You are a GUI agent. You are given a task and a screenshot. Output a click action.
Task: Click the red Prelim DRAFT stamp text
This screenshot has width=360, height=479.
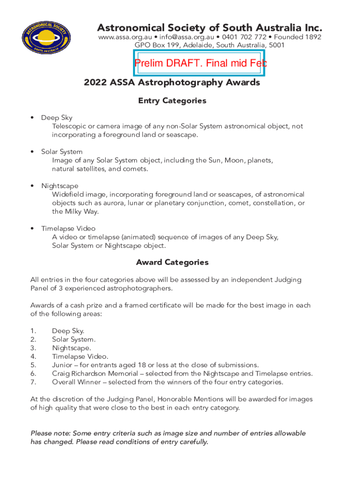[200, 63]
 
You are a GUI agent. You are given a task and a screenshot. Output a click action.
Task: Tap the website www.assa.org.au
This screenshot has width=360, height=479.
[124, 37]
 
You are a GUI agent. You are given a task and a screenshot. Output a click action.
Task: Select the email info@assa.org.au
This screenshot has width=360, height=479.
[187, 37]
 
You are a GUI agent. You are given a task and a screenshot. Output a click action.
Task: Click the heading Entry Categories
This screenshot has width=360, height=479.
[172, 101]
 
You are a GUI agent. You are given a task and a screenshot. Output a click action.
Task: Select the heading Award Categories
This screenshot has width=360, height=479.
[172, 262]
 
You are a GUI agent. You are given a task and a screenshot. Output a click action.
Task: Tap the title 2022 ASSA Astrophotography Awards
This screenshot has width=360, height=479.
[172, 83]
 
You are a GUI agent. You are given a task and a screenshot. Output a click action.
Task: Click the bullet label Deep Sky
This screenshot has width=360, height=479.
[57, 118]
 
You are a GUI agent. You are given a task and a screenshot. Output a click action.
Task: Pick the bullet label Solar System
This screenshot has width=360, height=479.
[62, 152]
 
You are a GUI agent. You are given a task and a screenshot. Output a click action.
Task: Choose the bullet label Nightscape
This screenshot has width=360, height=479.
[60, 186]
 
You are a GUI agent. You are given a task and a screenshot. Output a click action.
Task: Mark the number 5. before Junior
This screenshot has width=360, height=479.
[33, 365]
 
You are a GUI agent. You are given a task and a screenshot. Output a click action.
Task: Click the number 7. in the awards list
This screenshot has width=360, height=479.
[33, 382]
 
